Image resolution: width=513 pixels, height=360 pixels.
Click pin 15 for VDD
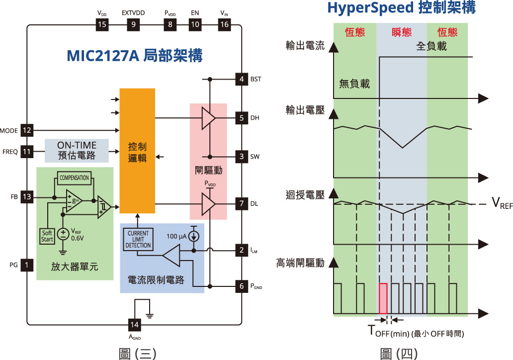102,25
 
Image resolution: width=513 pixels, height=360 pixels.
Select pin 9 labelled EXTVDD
133,25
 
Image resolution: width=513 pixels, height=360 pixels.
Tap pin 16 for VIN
225,25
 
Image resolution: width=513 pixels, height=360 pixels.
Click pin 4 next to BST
242,79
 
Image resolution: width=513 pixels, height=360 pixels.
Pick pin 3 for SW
242,157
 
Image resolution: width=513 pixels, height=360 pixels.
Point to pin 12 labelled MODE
27,130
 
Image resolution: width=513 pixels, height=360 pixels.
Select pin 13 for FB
27,197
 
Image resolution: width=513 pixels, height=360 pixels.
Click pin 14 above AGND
134,325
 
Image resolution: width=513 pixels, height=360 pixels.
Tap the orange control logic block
137,151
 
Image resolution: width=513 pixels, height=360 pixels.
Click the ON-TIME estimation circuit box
77,150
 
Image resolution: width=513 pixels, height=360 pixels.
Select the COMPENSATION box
74,178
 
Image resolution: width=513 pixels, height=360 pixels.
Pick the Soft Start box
47,236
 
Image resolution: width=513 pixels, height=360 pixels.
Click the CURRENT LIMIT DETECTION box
138,239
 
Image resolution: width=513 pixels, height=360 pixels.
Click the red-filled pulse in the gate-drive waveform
383,297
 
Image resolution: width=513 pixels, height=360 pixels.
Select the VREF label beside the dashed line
502,202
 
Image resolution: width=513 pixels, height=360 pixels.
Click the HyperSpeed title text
401,8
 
